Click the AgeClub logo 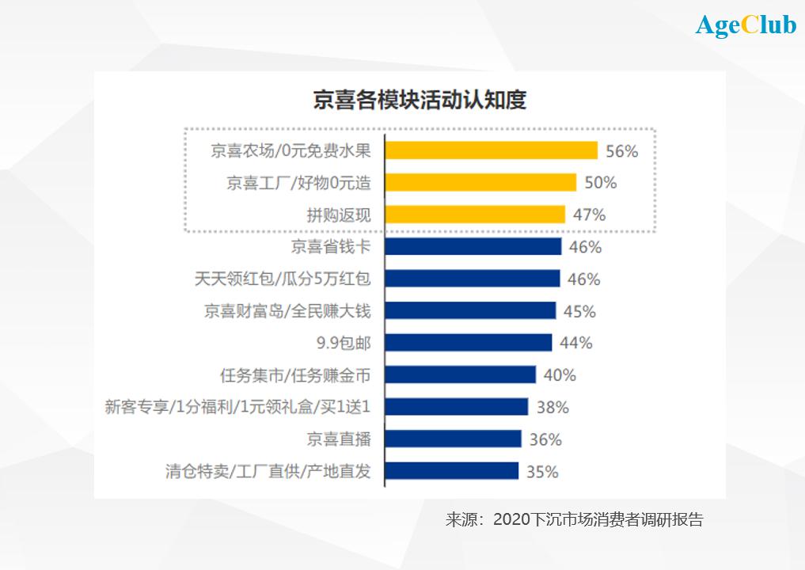pyautogui.click(x=746, y=25)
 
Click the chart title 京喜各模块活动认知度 pyautogui.click(x=420, y=101)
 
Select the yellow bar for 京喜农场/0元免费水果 pyautogui.click(x=491, y=150)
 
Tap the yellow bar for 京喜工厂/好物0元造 pyautogui.click(x=480, y=183)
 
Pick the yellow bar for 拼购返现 pyautogui.click(x=475, y=215)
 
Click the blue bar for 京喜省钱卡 pyautogui.click(x=473, y=247)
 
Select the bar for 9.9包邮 pyautogui.click(x=469, y=343)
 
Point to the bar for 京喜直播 pyautogui.click(x=454, y=439)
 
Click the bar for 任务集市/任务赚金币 pyautogui.click(x=461, y=375)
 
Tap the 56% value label pyautogui.click(x=621, y=151)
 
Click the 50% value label pyautogui.click(x=600, y=183)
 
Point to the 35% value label pyautogui.click(x=542, y=472)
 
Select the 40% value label pyautogui.click(x=560, y=375)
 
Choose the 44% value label pyautogui.click(x=576, y=343)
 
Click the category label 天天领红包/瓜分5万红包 pyautogui.click(x=282, y=279)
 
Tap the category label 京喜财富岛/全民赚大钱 pyautogui.click(x=287, y=311)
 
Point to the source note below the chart pyautogui.click(x=574, y=520)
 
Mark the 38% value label pyautogui.click(x=552, y=408)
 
